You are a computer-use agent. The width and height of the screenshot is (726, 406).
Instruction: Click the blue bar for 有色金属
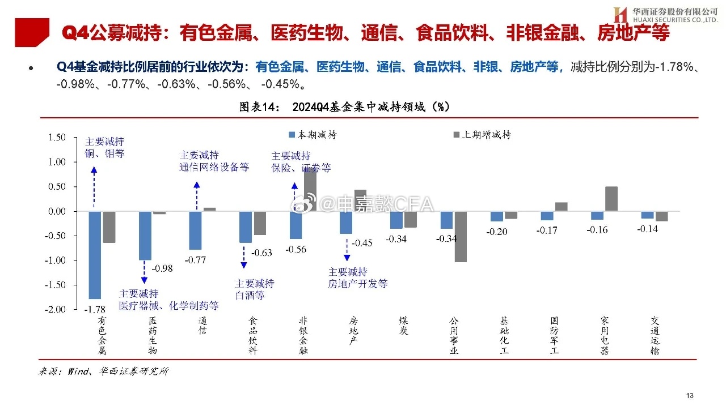95,255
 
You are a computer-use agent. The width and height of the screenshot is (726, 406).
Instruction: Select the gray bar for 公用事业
460,237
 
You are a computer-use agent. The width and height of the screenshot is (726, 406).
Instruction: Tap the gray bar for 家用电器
611,199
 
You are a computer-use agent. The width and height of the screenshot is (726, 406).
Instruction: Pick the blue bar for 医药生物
145,236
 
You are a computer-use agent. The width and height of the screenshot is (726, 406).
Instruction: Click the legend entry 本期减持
313,135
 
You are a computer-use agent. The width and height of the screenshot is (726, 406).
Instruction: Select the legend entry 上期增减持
482,135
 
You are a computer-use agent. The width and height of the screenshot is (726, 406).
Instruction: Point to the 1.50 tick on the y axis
56,137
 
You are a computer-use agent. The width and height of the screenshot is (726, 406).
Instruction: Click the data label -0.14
647,229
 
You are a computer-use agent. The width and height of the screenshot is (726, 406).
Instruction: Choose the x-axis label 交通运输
655,336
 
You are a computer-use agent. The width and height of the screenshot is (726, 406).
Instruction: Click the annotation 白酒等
250,296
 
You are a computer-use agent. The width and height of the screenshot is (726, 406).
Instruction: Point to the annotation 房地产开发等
357,284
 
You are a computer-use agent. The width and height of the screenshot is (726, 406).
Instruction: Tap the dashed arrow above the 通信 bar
196,195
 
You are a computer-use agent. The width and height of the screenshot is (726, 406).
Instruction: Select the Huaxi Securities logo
619,15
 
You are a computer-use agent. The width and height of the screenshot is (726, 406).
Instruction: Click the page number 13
690,395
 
